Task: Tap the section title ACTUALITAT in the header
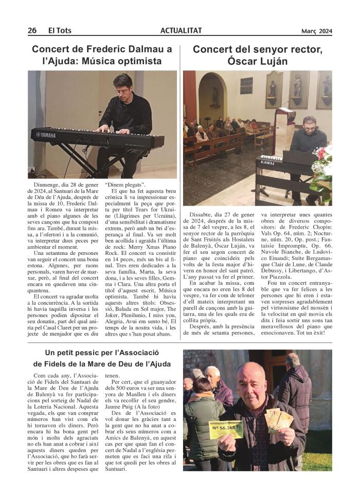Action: (181, 30)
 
